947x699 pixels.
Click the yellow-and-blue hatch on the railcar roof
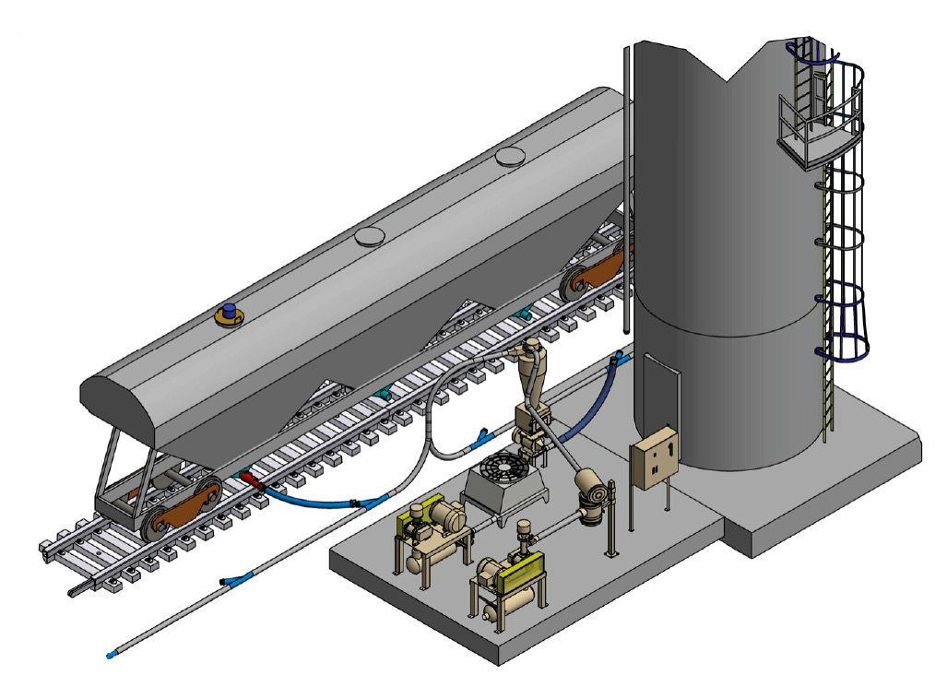229,314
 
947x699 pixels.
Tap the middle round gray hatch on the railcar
370,237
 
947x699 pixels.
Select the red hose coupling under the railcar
252,482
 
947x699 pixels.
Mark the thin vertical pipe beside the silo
626,184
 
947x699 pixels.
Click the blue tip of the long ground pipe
112,655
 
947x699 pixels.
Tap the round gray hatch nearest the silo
510,158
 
